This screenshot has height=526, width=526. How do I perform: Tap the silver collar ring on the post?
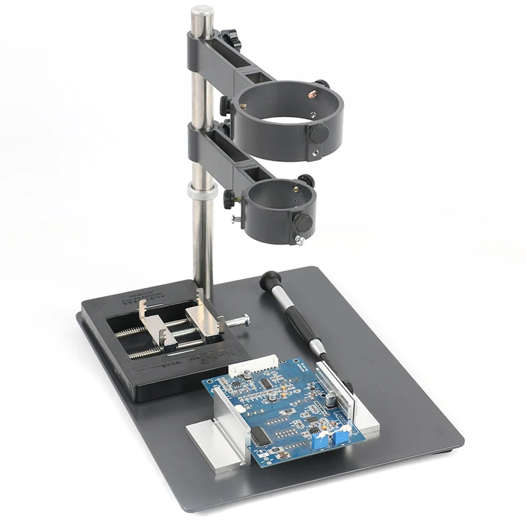pos(202,191)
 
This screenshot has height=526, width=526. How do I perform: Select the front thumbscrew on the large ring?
pos(320,133)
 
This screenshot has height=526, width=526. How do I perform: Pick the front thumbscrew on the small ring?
pos(303,222)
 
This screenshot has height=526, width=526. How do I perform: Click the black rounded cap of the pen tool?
pos(270,281)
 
